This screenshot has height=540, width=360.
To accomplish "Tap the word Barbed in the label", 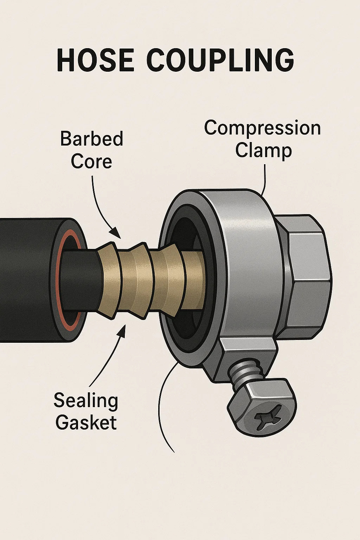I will tap(91, 139).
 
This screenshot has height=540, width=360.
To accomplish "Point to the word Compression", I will tap(262, 128).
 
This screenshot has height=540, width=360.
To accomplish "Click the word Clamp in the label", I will tap(263, 150).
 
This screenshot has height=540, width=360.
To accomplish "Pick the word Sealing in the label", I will tap(86, 400).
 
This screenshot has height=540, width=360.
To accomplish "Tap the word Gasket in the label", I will tap(86, 422).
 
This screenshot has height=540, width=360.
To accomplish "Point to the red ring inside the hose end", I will tap(60, 281).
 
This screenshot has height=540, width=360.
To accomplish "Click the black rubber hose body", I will tap(25, 278).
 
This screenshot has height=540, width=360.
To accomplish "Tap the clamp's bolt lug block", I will tap(246, 355).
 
